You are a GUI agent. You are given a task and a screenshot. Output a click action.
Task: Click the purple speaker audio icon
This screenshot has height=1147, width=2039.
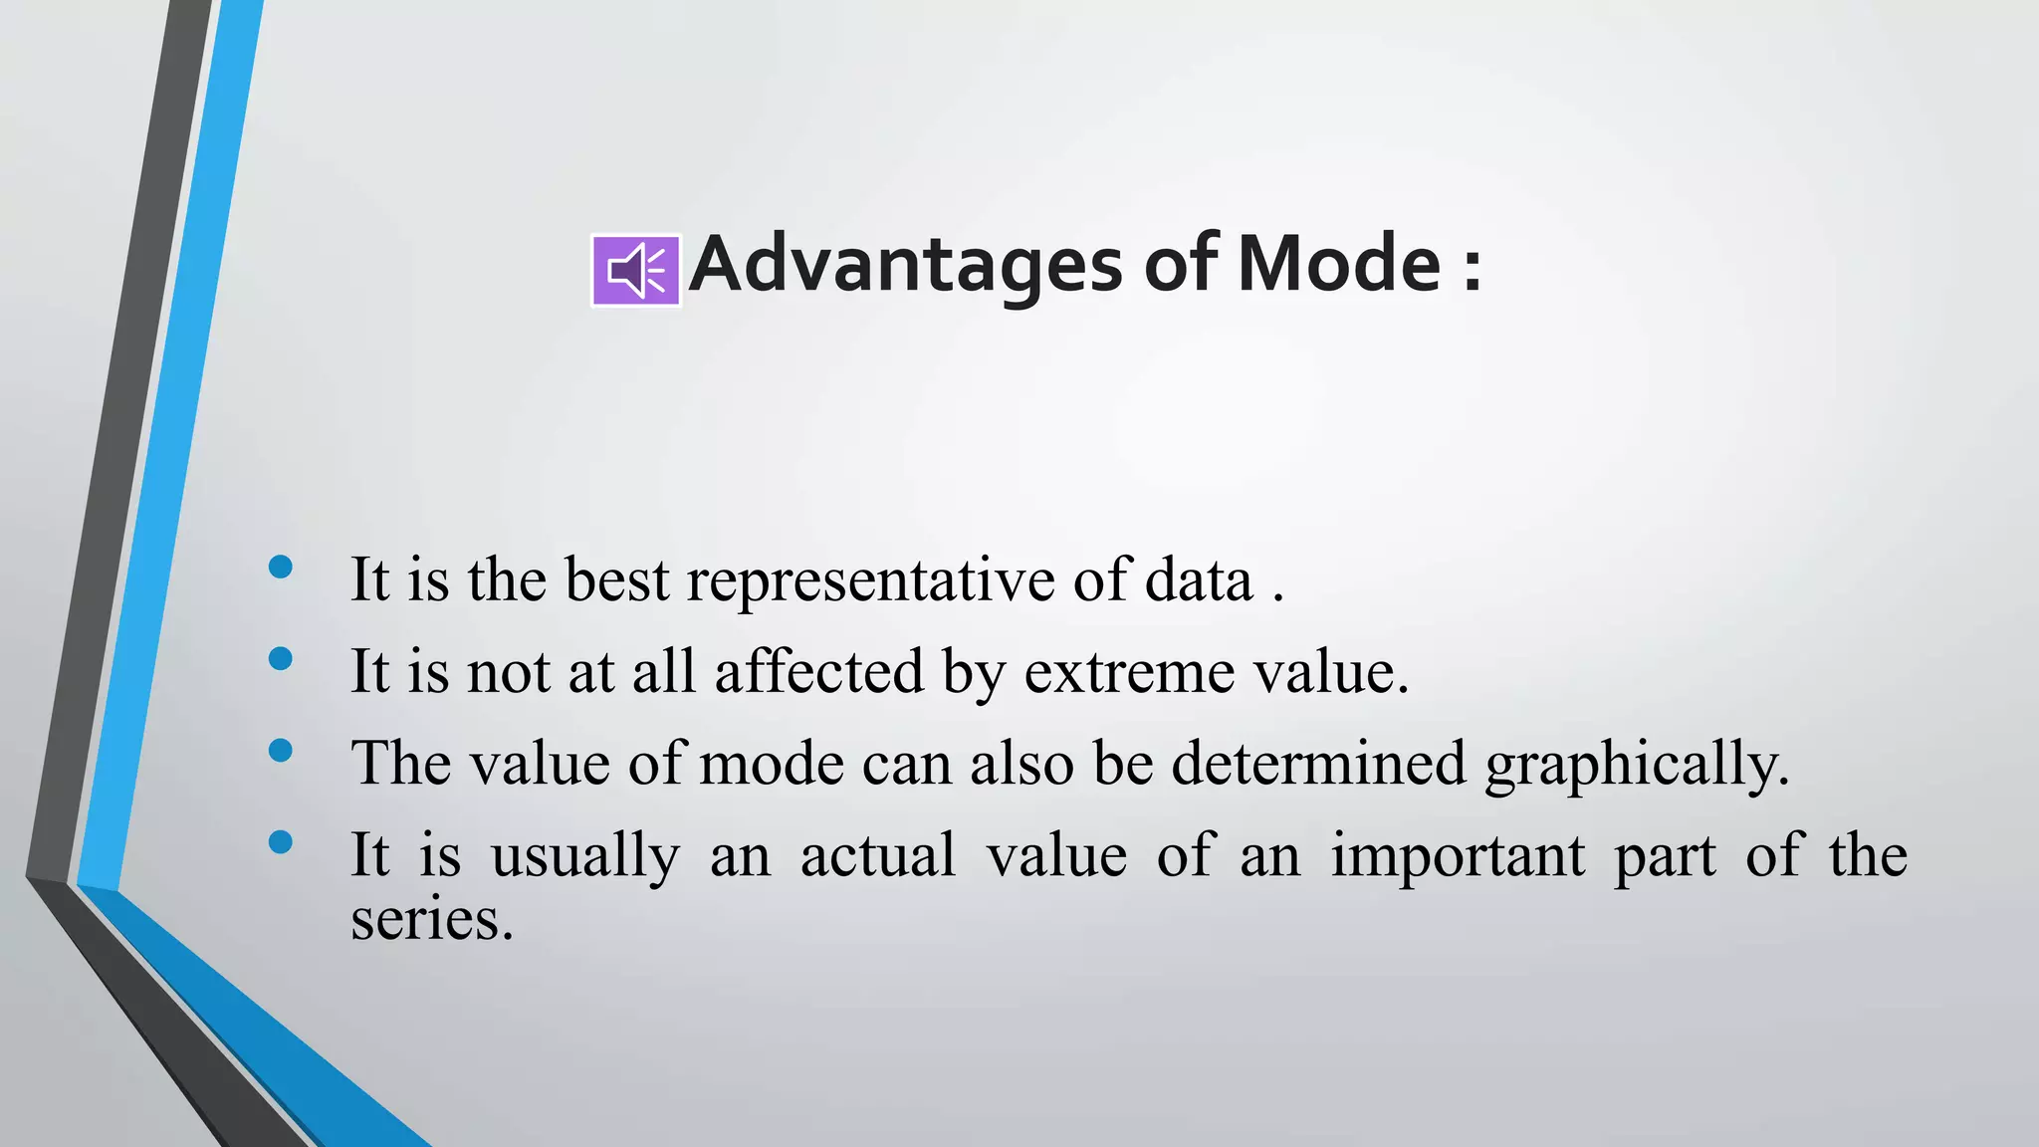pos(636,270)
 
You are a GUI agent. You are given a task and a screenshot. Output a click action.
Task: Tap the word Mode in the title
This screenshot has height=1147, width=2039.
pos(1338,265)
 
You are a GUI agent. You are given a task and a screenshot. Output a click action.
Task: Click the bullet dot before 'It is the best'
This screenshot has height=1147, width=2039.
pos(281,568)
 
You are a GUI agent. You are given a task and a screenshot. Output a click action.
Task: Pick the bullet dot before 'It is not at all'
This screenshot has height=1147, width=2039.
pos(281,658)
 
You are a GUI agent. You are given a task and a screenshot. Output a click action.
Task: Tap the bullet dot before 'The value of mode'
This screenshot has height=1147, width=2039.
pos(281,750)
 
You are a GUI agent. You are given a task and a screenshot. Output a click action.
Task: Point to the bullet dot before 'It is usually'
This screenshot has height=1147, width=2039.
pos(281,842)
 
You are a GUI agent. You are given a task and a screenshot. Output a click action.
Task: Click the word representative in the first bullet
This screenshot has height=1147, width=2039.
pos(870,579)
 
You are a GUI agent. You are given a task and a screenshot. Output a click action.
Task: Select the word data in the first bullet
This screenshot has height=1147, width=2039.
pos(1199,579)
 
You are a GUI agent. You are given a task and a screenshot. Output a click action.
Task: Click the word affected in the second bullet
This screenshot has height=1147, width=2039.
pos(819,671)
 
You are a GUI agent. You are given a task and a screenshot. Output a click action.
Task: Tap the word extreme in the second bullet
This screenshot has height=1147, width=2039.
pos(1129,673)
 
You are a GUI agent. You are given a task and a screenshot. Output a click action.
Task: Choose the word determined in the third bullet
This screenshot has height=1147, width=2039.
pos(1318,764)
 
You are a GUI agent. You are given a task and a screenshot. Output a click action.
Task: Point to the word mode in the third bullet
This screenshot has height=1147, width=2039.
pos(772,764)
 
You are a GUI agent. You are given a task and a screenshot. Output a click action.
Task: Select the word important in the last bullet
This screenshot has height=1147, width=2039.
pos(1458,856)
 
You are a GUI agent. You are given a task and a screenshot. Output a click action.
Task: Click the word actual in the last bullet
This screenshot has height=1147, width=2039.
pos(878,856)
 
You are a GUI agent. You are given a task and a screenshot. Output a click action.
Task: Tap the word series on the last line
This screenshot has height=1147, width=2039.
pos(431,919)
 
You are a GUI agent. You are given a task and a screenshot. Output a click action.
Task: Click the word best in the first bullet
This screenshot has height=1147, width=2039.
pos(617,579)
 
